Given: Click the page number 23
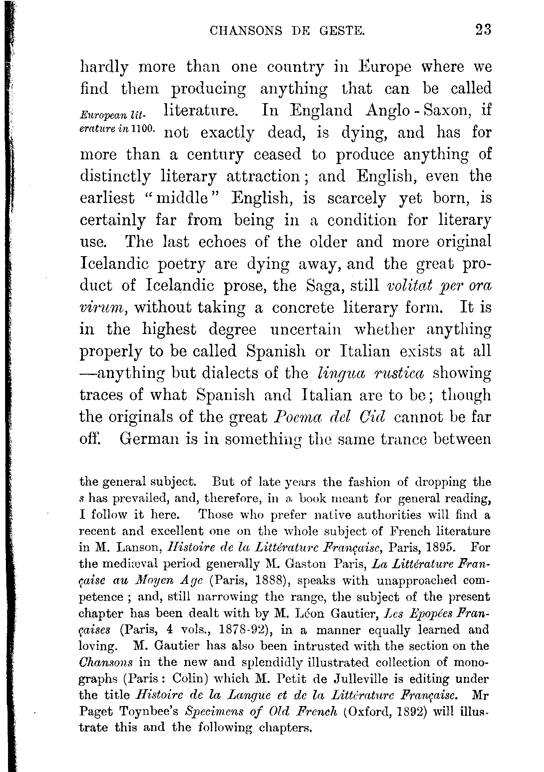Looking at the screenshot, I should click(x=483, y=30).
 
